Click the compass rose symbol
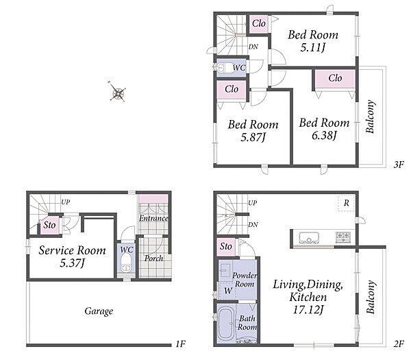(117, 92)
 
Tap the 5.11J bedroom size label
(313, 48)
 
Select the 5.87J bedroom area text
(253, 137)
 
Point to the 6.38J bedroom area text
(324, 136)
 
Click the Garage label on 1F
(99, 311)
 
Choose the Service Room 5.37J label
(73, 256)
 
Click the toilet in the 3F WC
(223, 67)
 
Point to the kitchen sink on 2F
(309, 238)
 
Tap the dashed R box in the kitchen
(346, 203)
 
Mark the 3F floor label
(399, 165)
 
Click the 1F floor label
(180, 344)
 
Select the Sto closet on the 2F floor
(226, 247)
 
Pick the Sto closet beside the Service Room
(49, 225)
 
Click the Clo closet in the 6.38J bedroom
(335, 78)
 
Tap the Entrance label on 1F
(153, 218)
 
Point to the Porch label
(153, 259)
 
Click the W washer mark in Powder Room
(228, 291)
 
